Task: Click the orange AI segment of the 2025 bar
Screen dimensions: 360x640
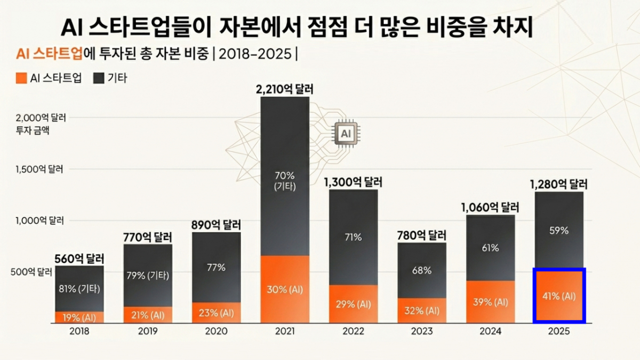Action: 559,296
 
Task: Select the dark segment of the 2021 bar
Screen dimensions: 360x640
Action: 285,176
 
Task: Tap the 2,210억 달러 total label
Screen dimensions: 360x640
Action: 285,89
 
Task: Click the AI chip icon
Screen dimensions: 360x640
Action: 345,133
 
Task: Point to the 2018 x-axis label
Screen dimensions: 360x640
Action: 79,331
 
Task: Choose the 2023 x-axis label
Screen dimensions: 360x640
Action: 422,331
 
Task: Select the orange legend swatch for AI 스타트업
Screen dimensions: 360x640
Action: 21,78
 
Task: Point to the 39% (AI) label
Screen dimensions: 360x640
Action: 490,302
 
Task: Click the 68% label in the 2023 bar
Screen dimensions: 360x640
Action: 422,270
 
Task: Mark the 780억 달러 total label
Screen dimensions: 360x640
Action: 422,235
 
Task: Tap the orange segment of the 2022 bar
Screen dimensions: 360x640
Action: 353,304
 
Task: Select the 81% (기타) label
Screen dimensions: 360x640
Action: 79,289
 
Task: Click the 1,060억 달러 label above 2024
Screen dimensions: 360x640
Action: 490,207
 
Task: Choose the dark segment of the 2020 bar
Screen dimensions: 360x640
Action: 216,267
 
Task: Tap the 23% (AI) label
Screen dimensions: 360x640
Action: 216,313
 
